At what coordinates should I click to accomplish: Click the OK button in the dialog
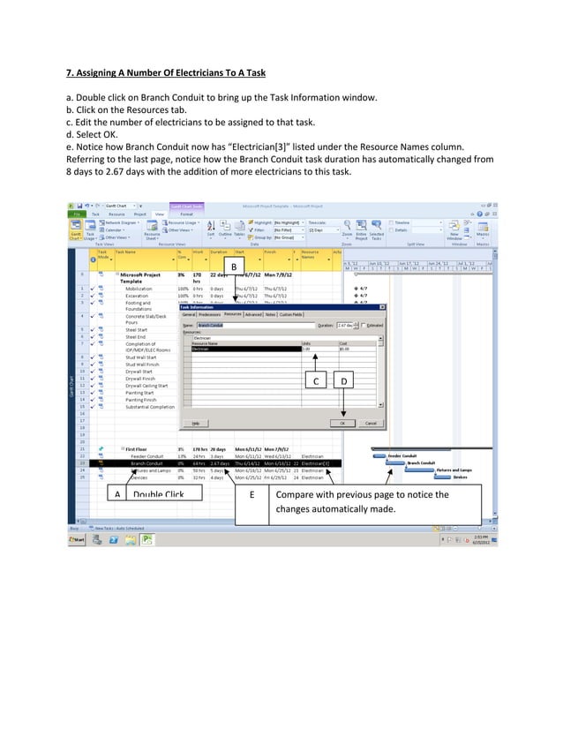point(344,423)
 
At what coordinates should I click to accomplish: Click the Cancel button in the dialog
point(371,423)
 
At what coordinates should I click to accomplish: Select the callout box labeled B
point(234,267)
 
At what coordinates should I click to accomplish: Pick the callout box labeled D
point(345,381)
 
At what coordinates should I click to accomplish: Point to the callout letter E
point(252,495)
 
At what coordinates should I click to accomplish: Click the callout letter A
point(117,495)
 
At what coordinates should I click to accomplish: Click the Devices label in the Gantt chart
point(460,478)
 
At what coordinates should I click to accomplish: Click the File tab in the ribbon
point(79,214)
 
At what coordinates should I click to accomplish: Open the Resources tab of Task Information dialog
point(233,313)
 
